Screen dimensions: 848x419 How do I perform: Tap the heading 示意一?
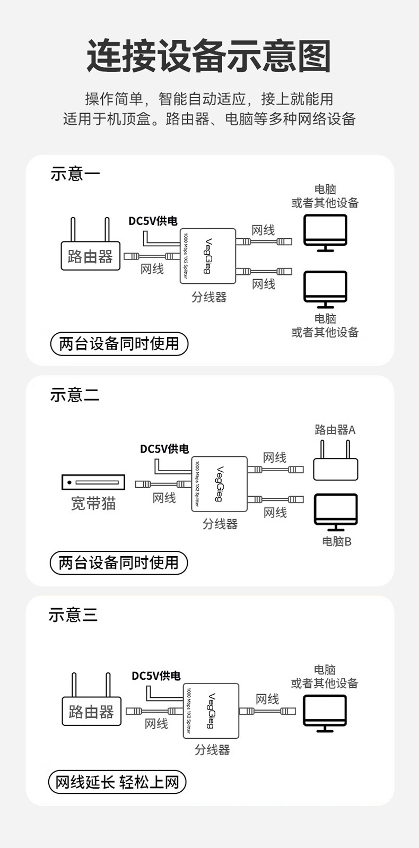point(75,174)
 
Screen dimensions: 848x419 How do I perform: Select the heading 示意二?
point(75,395)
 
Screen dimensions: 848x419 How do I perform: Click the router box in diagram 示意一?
point(90,256)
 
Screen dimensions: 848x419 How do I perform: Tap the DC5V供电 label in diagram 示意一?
point(153,221)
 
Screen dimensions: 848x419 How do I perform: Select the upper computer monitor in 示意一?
point(325,231)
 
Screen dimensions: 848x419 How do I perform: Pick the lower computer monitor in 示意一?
point(325,288)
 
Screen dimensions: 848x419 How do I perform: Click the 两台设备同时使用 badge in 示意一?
point(119,344)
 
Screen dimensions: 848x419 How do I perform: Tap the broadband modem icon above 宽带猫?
point(93,482)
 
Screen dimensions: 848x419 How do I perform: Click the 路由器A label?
point(335,430)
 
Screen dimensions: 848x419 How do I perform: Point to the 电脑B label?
point(337,542)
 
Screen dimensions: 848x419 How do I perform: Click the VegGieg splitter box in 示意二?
point(219,483)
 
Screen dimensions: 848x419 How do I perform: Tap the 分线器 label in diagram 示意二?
point(220,524)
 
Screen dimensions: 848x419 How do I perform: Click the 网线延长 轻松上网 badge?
point(117,782)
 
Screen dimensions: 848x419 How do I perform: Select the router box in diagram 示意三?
point(91,711)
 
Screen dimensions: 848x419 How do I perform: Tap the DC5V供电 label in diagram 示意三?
point(156,676)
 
